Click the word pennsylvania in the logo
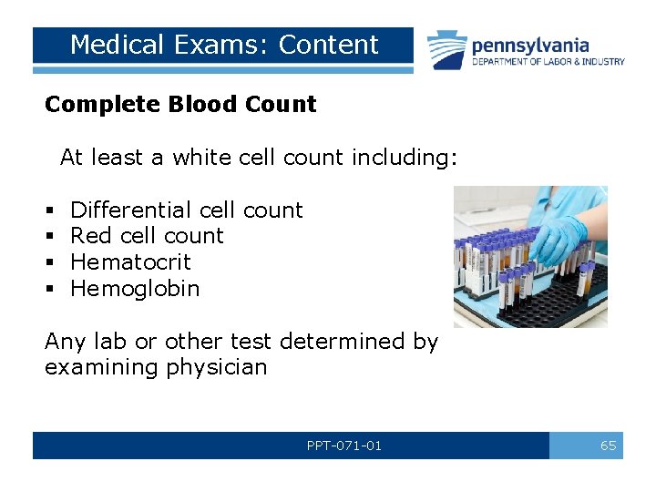point(529,46)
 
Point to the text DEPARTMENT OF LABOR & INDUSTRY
point(548,62)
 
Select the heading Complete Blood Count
point(180,105)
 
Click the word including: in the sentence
point(404,158)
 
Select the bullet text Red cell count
point(147,236)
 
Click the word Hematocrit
point(130,262)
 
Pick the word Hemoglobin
point(135,289)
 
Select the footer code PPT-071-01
point(344,446)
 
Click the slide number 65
point(608,446)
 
